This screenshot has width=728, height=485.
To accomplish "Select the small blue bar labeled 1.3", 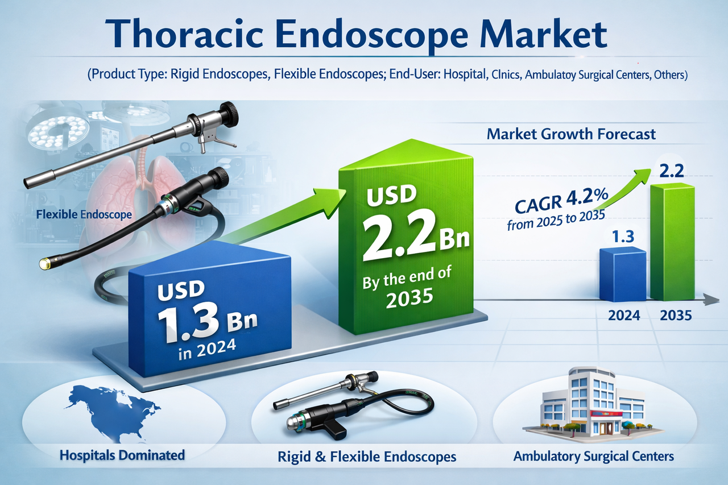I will point(623,274).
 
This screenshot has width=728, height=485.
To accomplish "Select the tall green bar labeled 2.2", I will point(672,242).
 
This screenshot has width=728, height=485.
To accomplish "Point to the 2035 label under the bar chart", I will point(676,314).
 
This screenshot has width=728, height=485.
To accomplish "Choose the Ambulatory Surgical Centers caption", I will point(593,456).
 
